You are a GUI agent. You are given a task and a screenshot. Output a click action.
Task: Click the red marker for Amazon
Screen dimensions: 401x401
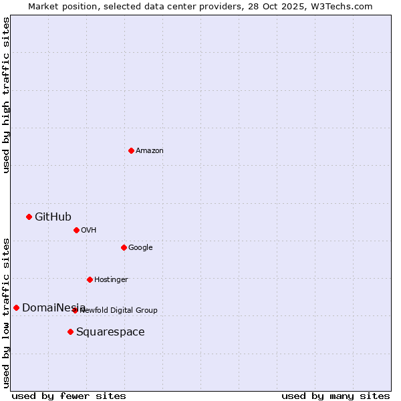pos(131,150)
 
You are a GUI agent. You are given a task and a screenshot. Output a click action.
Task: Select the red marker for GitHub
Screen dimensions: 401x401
pos(29,217)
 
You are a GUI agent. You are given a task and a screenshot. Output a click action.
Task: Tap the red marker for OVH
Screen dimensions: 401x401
pos(76,230)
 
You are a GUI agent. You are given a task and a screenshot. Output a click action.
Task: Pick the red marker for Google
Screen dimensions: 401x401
pos(124,247)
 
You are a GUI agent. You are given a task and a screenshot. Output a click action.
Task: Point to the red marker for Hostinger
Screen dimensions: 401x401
pos(90,279)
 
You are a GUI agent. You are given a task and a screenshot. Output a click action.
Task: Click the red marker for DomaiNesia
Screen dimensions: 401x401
pos(16,307)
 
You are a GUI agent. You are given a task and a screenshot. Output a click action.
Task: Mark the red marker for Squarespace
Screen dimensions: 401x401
pos(70,331)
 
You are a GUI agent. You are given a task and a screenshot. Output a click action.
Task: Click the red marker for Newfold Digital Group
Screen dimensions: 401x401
pos(75,310)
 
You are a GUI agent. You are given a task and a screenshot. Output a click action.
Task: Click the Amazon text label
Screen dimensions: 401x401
pos(149,150)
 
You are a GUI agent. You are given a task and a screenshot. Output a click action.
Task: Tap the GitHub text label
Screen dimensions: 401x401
pos(53,217)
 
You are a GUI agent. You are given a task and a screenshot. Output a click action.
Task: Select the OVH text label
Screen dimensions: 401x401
pos(89,230)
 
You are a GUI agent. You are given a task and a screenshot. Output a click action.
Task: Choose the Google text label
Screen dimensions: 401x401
pos(140,247)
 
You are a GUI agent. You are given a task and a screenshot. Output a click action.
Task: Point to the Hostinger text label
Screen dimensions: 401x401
pos(111,279)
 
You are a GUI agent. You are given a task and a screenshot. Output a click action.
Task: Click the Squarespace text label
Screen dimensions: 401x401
pos(110,332)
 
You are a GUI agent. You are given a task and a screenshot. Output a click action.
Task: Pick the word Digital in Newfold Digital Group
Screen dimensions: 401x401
pos(122,310)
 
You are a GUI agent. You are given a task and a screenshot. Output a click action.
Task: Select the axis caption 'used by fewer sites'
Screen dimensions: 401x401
pos(69,396)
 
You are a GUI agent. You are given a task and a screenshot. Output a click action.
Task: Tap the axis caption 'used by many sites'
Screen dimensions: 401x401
pos(336,396)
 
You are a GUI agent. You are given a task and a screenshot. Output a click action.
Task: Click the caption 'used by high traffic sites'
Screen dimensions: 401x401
pos(6,95)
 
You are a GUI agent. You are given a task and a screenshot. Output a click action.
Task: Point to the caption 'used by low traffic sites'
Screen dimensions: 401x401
pos(6,313)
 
